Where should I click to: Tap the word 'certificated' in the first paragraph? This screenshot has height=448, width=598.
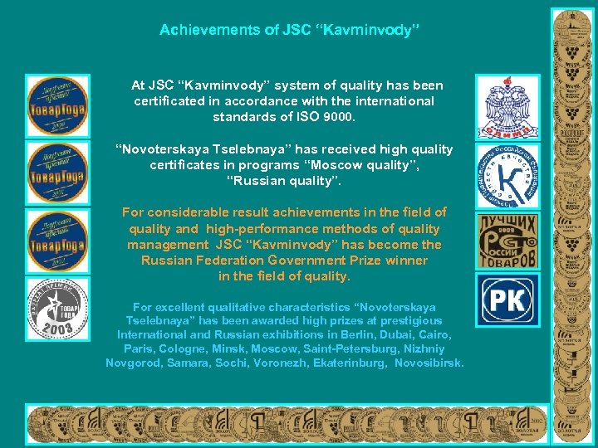tap(169, 101)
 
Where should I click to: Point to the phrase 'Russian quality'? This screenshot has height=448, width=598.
tap(283, 181)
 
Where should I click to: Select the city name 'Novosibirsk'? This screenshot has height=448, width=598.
tap(429, 363)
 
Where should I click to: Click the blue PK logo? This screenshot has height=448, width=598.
tap(507, 299)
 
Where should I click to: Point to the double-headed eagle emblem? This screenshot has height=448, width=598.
tap(507, 105)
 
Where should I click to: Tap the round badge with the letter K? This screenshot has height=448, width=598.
tap(507, 175)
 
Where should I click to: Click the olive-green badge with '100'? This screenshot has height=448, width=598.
tap(507, 241)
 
